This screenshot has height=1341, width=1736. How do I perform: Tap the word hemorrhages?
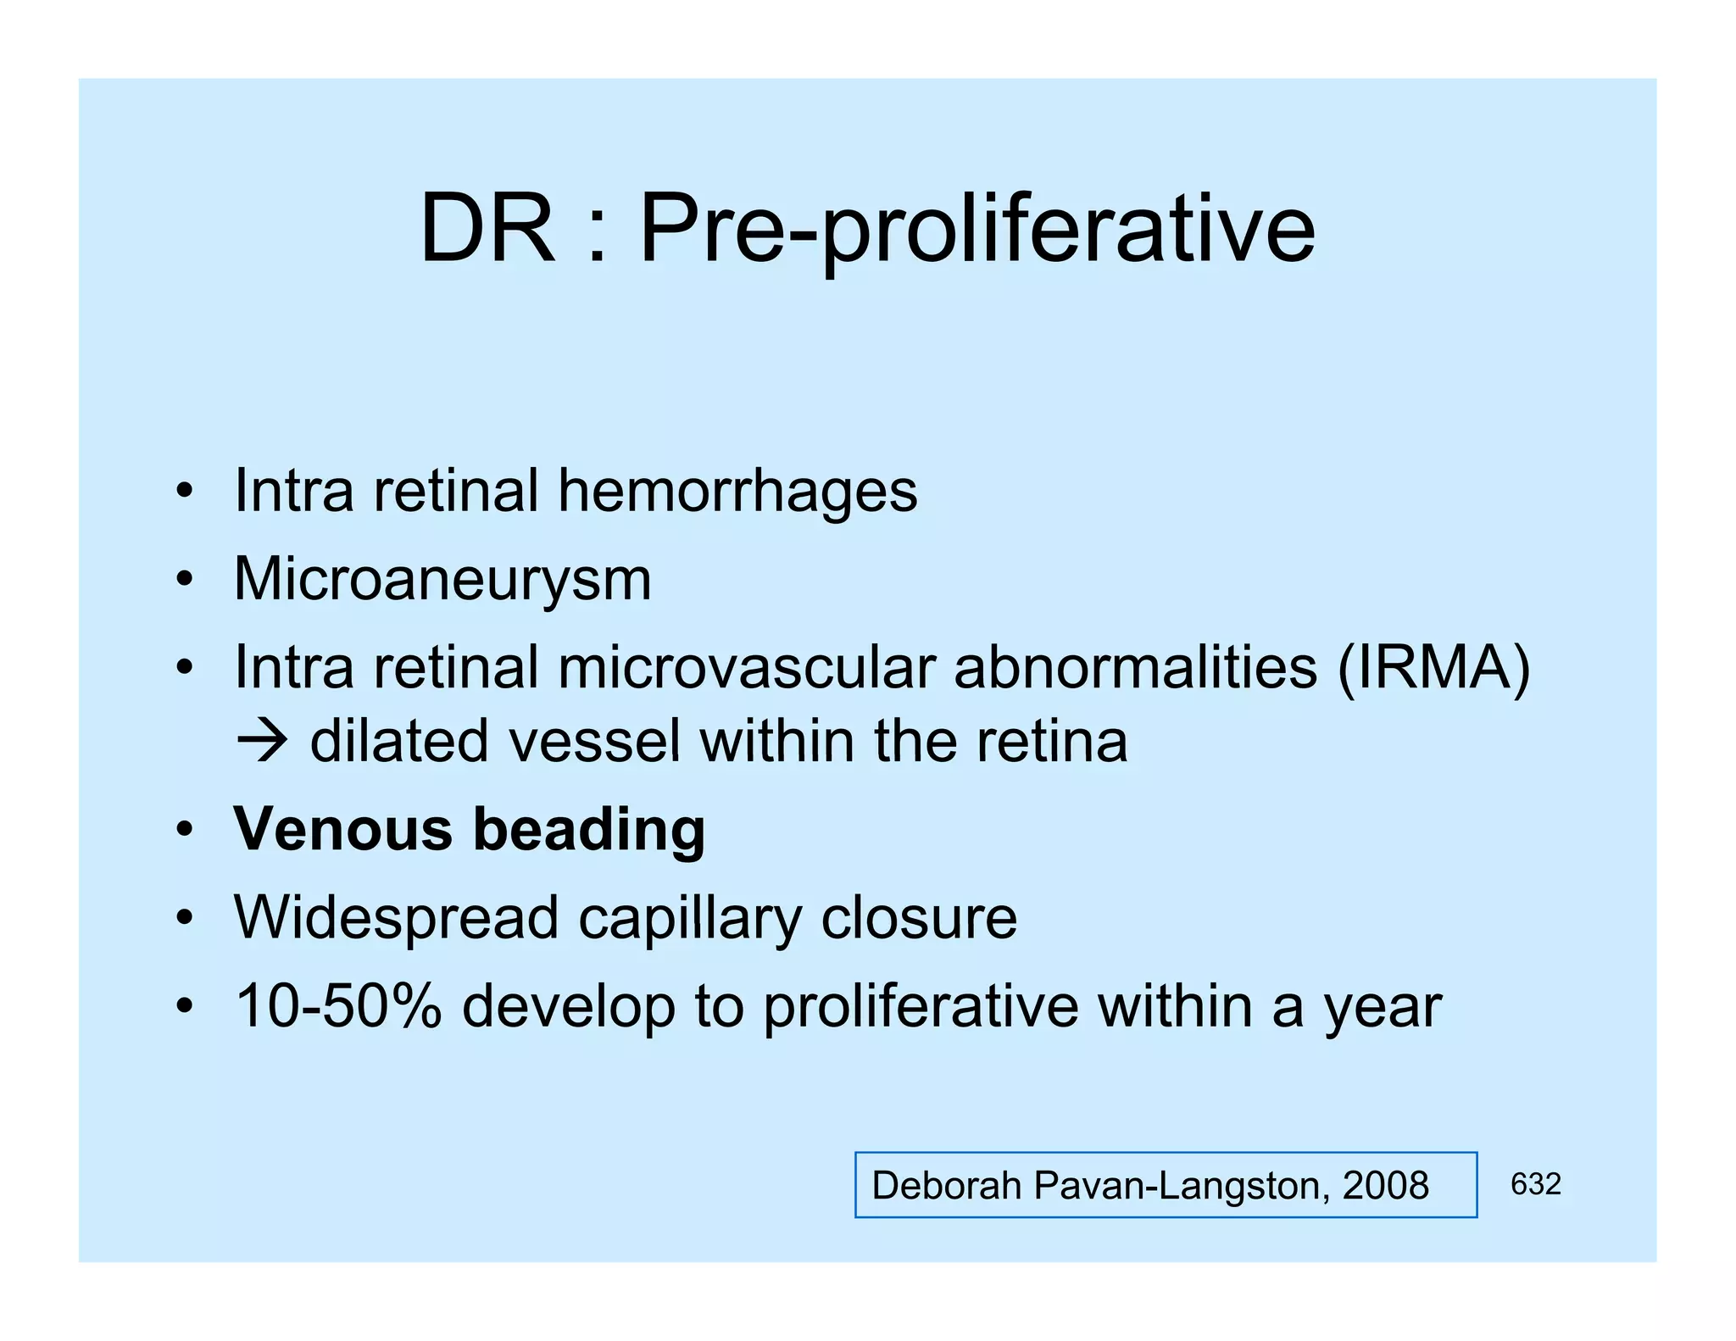[737, 492]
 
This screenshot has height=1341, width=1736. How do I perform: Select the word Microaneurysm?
[442, 581]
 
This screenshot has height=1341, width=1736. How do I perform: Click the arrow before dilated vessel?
[262, 741]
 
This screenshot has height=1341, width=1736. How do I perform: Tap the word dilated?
[399, 741]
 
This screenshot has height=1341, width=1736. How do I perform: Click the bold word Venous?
[343, 829]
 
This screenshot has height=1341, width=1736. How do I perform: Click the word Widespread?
[396, 918]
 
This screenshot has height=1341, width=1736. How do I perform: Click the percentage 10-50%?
[338, 1006]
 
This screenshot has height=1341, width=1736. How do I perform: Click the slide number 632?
[1535, 1184]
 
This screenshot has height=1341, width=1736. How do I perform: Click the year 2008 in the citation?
[1385, 1185]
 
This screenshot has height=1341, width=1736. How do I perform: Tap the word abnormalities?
[1135, 669]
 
